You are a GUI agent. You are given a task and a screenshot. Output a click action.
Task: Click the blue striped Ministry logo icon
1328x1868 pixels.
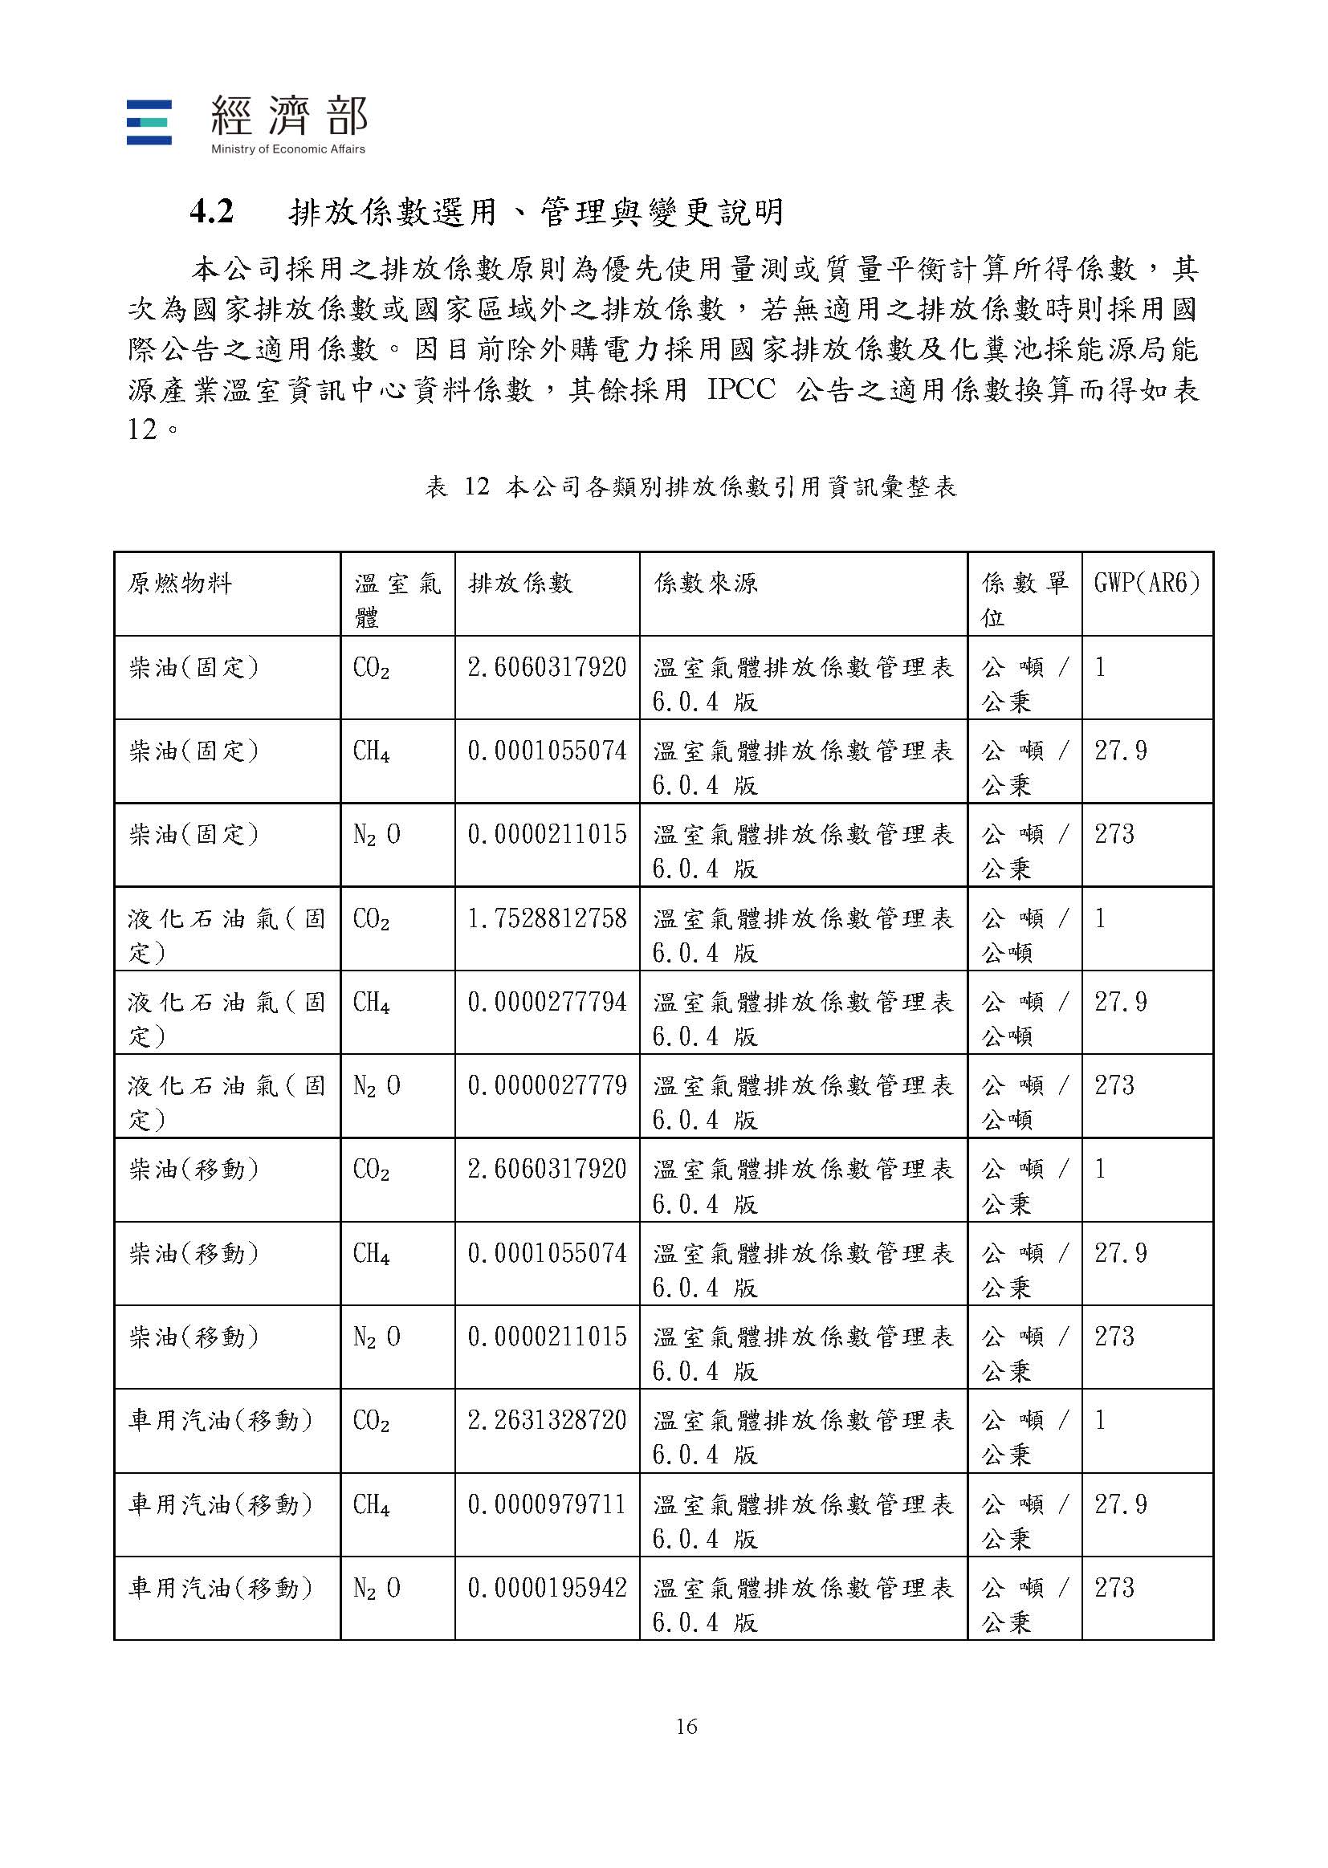[149, 123]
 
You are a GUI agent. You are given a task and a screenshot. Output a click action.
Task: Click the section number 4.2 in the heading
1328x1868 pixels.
[212, 212]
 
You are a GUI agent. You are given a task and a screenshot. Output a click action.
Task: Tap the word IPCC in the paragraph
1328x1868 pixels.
[741, 389]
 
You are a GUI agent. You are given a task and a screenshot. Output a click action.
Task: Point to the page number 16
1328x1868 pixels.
[686, 1726]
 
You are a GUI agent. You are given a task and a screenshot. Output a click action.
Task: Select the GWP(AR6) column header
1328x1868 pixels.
[1147, 583]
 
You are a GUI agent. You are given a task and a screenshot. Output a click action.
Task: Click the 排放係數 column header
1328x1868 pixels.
[520, 583]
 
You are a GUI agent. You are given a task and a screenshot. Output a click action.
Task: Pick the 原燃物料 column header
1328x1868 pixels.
[180, 583]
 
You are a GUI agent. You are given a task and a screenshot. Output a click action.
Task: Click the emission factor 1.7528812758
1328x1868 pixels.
[546, 918]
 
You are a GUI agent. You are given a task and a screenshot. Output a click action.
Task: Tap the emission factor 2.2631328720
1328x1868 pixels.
[546, 1420]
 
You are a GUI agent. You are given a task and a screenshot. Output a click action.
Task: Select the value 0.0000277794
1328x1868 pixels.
[546, 1002]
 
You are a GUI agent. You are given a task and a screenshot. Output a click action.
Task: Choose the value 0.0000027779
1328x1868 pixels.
[546, 1085]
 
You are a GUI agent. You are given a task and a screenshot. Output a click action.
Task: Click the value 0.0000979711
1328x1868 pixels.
[546, 1504]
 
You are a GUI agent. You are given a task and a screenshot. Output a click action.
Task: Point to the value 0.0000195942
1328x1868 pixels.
[546, 1587]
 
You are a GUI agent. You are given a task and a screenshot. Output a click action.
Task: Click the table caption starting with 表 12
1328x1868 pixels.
[690, 487]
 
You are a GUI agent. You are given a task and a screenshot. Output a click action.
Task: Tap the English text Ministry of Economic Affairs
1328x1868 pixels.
[288, 149]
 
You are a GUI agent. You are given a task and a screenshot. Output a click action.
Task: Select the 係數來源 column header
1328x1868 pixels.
[705, 583]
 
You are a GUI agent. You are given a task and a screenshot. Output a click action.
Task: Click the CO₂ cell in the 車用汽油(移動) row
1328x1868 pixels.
[371, 1421]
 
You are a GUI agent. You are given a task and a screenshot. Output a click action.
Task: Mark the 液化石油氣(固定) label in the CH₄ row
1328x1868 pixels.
[226, 1018]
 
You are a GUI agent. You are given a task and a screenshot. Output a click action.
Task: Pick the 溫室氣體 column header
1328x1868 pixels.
[397, 599]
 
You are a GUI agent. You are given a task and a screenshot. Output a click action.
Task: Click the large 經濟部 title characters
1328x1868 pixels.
[290, 116]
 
